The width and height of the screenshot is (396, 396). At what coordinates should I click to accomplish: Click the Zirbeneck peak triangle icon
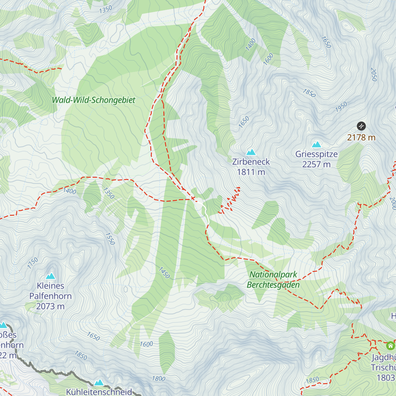coord(251,152)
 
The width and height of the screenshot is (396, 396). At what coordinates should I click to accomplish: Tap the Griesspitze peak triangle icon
coord(316,145)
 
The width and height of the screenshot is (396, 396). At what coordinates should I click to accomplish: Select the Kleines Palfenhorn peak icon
coord(50,276)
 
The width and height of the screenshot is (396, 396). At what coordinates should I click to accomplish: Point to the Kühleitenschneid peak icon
coord(99,382)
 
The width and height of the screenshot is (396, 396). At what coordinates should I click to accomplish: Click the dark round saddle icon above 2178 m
coord(361,126)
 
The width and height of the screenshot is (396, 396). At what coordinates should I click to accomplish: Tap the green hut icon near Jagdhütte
coord(390,346)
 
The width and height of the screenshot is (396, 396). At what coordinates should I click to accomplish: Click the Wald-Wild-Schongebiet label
coord(94,100)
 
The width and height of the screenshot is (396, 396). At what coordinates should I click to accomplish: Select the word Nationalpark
coord(273,275)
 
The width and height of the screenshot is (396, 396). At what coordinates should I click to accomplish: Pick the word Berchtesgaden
coord(273,285)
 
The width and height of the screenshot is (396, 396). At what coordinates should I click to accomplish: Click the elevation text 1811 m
coord(251,172)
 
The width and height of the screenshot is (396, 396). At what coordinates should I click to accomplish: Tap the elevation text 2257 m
coord(316,164)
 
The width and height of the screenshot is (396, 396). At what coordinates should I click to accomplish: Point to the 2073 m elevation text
coord(50,306)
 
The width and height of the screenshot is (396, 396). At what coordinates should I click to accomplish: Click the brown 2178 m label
coord(361,137)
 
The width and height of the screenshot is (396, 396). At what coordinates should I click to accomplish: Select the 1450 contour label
coord(164,273)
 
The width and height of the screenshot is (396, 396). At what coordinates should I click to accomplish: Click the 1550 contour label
coord(110,239)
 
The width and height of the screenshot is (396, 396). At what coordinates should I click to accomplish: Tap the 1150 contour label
coord(33,263)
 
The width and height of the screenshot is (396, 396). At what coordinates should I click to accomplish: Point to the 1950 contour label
coord(341,107)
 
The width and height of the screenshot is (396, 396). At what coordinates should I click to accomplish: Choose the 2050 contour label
coord(374,75)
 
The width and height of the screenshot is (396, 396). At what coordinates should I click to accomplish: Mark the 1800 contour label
coord(158,379)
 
